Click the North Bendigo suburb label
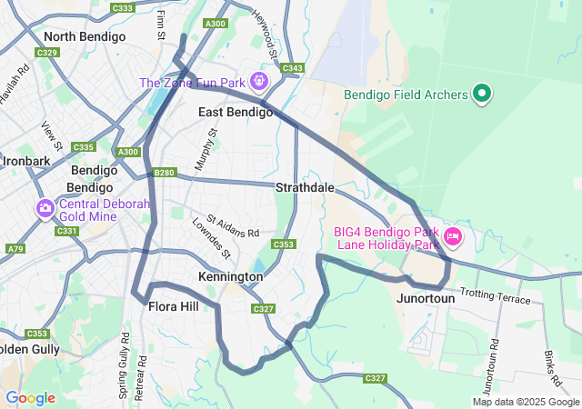85,37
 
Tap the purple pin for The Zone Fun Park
259,82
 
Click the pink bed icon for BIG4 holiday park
452,238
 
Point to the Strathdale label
305,187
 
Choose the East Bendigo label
236,112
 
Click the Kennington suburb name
230,275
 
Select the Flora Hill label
173,306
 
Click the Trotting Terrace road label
496,294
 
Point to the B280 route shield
165,173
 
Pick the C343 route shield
293,68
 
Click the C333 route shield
122,8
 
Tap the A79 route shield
15,248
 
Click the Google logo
30,397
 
